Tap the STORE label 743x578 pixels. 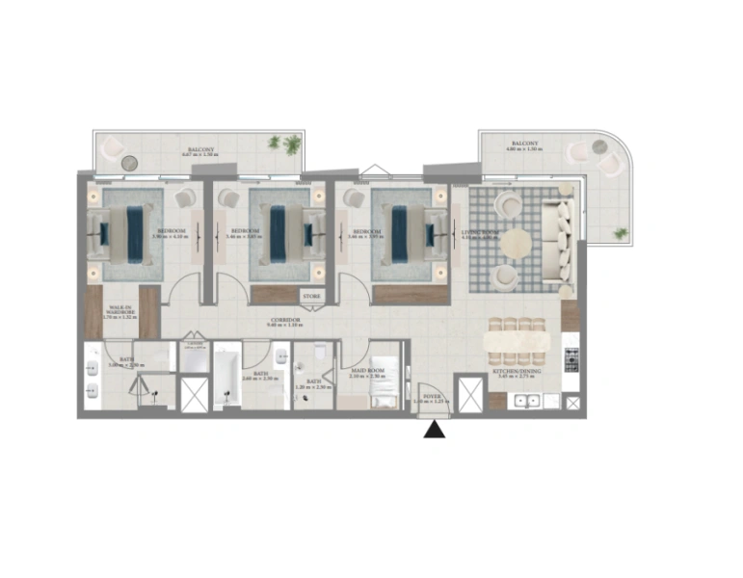click(x=311, y=297)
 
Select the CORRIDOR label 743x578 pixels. click(x=286, y=319)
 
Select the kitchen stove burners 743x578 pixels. click(x=571, y=360)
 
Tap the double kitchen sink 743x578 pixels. click(x=525, y=401)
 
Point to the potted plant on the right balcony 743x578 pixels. click(x=620, y=233)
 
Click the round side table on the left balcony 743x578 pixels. click(x=131, y=161)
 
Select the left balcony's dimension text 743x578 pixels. click(x=200, y=155)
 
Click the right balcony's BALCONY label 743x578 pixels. click(x=524, y=143)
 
